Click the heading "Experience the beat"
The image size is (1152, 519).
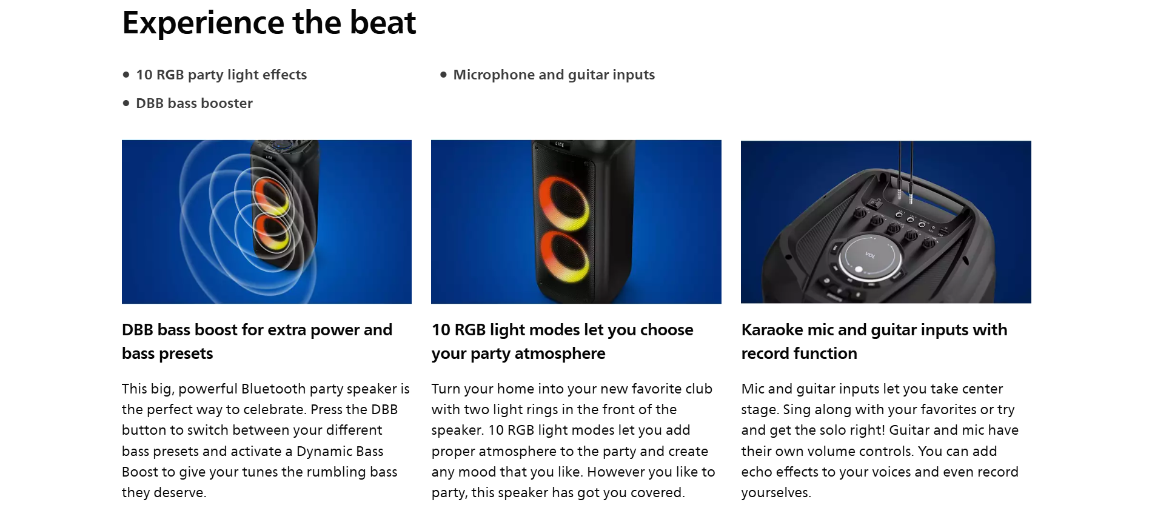(269, 23)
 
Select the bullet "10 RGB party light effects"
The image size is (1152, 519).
(221, 75)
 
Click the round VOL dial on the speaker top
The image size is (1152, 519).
(870, 257)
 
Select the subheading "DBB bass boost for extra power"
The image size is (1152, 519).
(257, 330)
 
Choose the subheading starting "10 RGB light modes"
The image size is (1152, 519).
(562, 341)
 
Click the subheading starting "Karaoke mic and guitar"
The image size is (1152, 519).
(874, 341)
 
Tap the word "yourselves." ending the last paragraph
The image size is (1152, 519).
(776, 493)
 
